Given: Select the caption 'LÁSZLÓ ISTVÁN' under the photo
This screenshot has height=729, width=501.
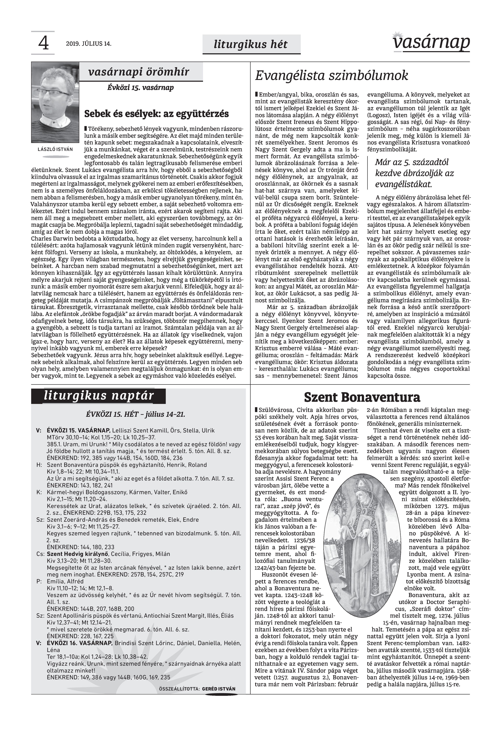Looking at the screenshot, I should pos(55,149).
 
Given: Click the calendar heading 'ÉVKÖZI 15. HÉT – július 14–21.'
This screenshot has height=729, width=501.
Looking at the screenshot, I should pos(136,414).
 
